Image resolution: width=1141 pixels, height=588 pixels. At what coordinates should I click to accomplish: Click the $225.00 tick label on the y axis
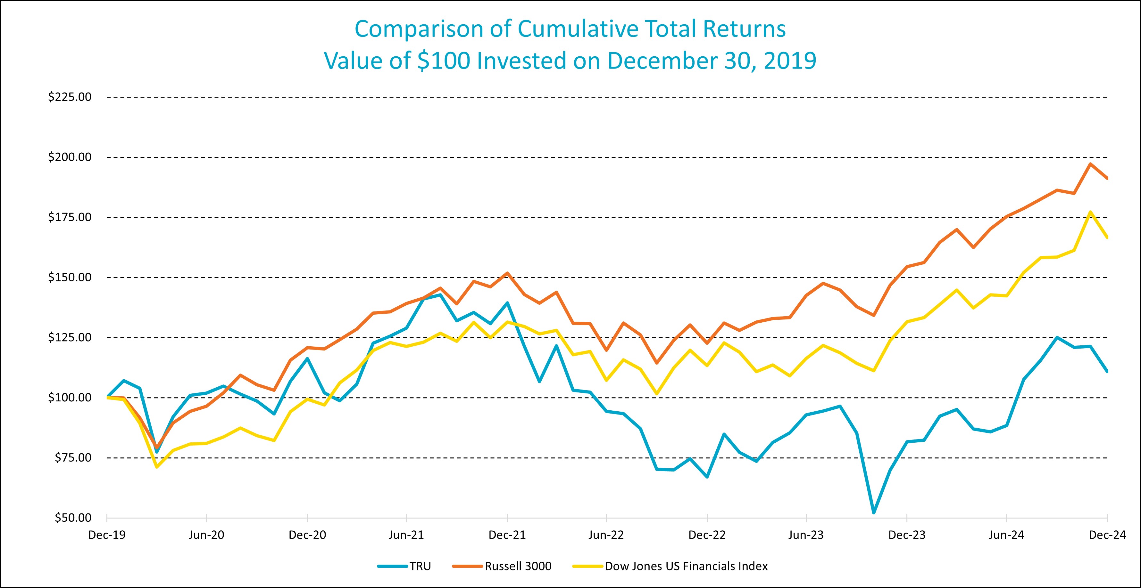(x=70, y=97)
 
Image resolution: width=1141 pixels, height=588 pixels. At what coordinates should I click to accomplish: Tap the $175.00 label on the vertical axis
(x=70, y=217)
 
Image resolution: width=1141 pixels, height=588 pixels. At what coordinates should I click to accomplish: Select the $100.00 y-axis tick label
(x=70, y=397)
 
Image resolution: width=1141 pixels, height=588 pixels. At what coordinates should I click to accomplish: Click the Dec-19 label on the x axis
(x=107, y=535)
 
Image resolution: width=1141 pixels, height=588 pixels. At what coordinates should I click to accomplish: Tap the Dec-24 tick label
(x=1107, y=535)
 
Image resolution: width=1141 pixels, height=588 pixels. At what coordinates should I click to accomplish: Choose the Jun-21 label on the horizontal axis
(x=406, y=535)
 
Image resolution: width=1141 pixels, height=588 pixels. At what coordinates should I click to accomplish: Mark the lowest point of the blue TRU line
(x=873, y=513)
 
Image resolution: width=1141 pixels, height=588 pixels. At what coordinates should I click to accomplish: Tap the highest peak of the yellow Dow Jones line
(x=1090, y=212)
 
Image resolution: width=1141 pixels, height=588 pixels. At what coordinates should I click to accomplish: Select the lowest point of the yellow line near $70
(x=157, y=467)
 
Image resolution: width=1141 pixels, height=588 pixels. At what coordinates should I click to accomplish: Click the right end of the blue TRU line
(x=1107, y=371)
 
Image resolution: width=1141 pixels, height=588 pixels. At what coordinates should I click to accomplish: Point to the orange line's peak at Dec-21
(x=507, y=273)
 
